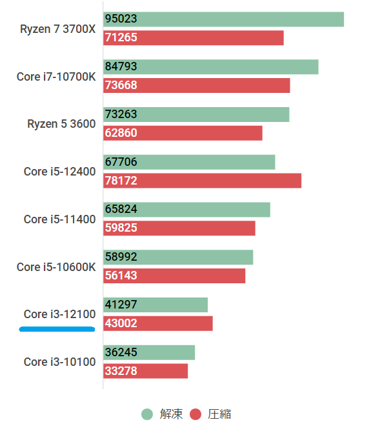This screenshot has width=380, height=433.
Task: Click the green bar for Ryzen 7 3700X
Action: [223, 19]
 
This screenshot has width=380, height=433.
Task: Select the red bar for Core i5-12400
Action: [202, 181]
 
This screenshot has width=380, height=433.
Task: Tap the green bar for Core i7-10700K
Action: [210, 67]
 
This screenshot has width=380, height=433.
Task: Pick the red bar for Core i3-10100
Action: [145, 371]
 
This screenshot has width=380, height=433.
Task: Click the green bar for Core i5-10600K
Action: [178, 257]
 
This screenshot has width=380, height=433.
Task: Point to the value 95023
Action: [121, 19]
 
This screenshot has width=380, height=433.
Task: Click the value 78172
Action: [121, 181]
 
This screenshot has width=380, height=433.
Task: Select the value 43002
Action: [121, 323]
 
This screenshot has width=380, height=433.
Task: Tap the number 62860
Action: [121, 133]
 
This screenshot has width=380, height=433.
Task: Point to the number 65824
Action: [121, 210]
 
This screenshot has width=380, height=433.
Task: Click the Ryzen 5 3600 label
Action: [61, 124]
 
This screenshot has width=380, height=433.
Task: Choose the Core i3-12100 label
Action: [59, 314]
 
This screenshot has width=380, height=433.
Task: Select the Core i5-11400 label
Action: [59, 219]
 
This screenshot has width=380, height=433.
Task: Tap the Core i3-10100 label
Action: [59, 362]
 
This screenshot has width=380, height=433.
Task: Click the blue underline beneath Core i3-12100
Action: [57, 328]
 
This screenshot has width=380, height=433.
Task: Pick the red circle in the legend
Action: [195, 414]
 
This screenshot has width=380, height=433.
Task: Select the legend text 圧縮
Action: [219, 414]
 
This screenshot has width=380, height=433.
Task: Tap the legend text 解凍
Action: [171, 414]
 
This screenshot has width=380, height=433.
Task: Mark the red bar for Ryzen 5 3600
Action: [183, 133]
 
